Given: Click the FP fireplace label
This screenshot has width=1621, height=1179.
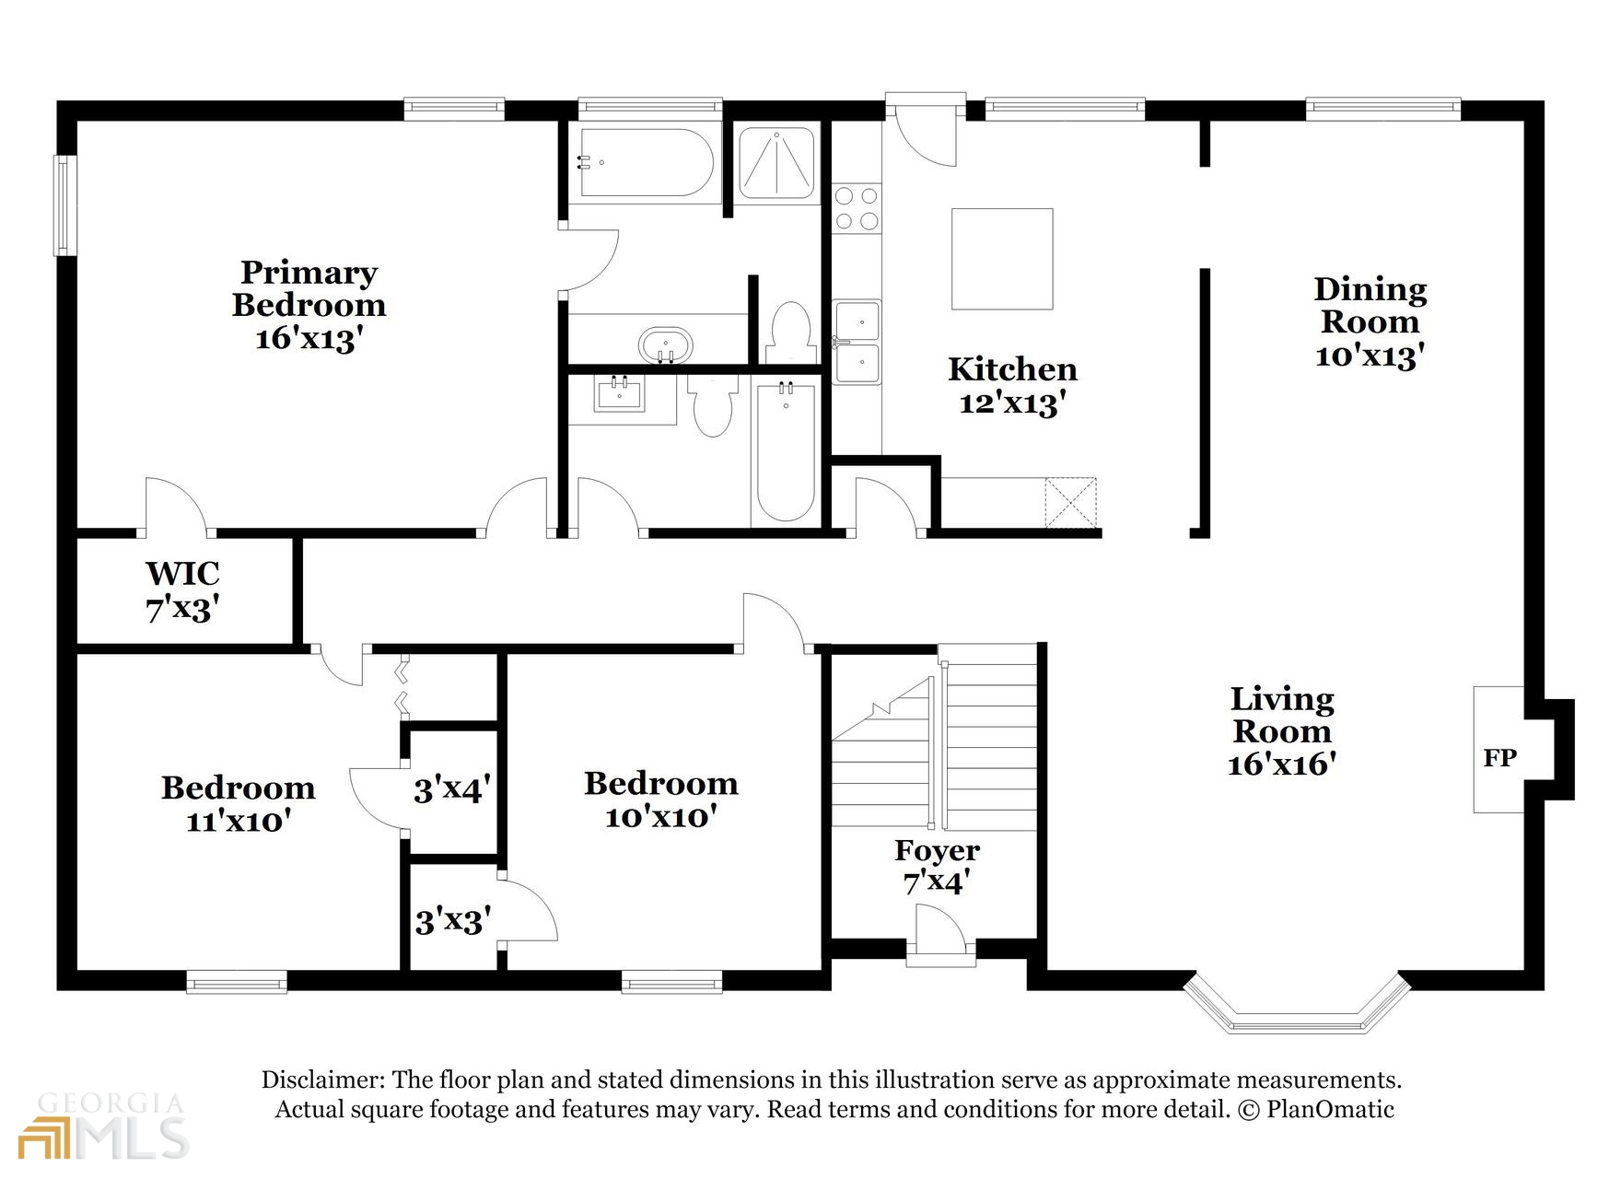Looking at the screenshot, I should (1499, 758).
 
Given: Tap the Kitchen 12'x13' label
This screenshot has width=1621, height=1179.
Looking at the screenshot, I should (1012, 386).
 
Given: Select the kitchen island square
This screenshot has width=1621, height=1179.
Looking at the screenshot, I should (1001, 259).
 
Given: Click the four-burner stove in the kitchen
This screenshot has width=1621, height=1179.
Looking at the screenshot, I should (857, 208).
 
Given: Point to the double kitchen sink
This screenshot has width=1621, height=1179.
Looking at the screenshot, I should (857, 342).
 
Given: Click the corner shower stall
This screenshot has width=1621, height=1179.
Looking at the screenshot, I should (777, 164).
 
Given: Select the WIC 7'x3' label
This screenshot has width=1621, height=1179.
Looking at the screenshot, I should (182, 590).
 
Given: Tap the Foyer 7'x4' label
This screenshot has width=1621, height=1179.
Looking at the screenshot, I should (937, 866).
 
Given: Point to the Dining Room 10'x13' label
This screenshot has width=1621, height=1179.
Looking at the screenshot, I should (1370, 322).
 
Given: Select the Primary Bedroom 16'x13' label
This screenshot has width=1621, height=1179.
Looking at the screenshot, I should (309, 306).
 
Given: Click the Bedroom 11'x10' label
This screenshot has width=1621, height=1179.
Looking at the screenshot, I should (239, 803).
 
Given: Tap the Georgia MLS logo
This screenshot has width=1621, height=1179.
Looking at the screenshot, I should (103, 1126).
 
